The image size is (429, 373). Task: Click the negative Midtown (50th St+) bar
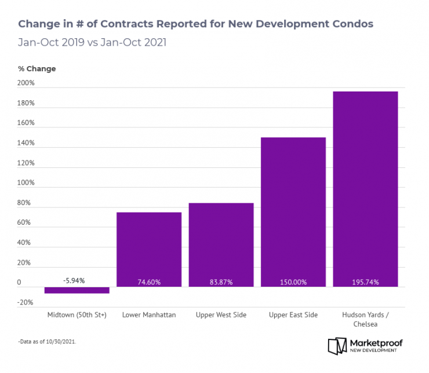[77, 290]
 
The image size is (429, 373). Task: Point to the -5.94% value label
[74, 280]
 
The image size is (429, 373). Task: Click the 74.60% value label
[149, 282]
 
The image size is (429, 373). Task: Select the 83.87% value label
[221, 282]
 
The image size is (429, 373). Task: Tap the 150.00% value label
[293, 282]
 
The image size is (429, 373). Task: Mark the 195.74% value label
[365, 282]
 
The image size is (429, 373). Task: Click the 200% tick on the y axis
[27, 83]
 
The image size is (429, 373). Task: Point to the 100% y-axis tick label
[27, 183]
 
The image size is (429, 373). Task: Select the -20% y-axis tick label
[26, 302]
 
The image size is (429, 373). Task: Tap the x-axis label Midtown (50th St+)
[77, 315]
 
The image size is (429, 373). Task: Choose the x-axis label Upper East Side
[293, 315]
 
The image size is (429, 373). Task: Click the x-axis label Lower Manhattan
[149, 315]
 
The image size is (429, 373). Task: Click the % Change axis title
[37, 68]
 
